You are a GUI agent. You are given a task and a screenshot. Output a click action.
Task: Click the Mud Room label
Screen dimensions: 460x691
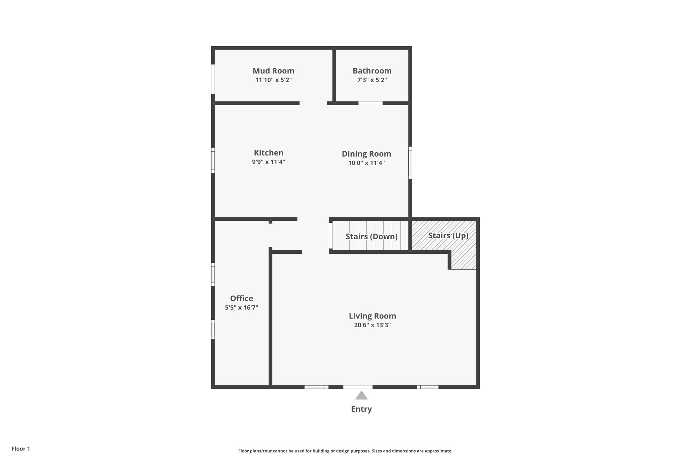tap(273, 71)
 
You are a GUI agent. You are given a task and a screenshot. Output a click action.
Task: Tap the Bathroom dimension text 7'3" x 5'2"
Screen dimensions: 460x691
tap(372, 80)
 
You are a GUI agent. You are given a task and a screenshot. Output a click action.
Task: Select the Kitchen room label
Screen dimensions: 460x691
tap(269, 153)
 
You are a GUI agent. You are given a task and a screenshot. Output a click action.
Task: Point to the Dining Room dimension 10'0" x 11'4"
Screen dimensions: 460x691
tap(366, 163)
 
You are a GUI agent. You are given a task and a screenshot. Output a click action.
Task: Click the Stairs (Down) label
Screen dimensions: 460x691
tap(371, 237)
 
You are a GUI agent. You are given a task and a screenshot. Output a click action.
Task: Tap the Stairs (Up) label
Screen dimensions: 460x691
tap(448, 236)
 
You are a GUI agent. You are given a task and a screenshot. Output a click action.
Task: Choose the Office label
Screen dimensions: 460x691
tap(242, 298)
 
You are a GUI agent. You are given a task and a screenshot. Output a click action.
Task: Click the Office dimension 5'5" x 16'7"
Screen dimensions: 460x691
tap(242, 307)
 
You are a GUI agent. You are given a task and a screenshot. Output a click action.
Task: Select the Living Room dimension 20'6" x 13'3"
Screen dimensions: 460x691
tap(372, 325)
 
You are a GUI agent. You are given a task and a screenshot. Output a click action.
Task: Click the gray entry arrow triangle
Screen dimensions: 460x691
tap(361, 396)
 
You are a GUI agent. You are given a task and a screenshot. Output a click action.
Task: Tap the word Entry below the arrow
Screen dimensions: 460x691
tap(361, 409)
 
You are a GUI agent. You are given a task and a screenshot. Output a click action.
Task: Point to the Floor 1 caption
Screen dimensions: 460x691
tap(21, 449)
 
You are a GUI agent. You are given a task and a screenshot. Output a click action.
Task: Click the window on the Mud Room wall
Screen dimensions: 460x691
tap(213, 79)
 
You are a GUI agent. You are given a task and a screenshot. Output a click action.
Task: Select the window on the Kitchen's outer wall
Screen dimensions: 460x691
tap(213, 160)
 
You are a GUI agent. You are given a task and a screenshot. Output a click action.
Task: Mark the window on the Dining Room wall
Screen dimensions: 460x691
tap(410, 162)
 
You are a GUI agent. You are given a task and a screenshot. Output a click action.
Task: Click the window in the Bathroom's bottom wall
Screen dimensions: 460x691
tap(370, 103)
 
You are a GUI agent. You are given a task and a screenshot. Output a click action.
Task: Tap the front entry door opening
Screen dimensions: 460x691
tap(358, 387)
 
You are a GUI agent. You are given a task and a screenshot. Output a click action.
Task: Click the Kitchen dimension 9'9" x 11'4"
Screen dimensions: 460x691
tap(269, 162)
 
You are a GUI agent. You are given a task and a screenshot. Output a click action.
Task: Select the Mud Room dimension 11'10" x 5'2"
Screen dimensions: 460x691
tap(273, 80)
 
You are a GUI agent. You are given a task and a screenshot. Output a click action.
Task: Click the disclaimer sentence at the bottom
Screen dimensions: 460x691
tap(345, 451)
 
